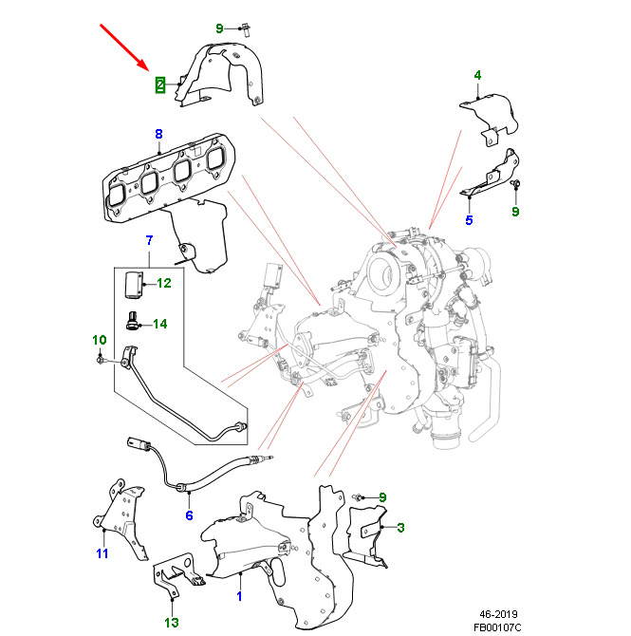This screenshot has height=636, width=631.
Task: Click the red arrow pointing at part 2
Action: click(123, 48)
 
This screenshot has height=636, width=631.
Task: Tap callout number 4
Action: click(477, 75)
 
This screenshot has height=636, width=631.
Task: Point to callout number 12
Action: click(163, 283)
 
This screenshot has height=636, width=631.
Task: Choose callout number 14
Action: click(158, 324)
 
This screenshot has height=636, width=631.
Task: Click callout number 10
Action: click(99, 340)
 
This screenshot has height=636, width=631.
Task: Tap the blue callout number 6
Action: click(188, 515)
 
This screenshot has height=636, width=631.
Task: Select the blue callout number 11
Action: click(102, 552)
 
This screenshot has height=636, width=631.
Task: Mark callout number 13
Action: click(171, 623)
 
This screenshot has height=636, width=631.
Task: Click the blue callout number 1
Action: click(239, 597)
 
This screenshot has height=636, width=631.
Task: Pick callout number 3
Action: click(400, 527)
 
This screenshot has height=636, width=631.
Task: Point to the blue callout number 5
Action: click(469, 220)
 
